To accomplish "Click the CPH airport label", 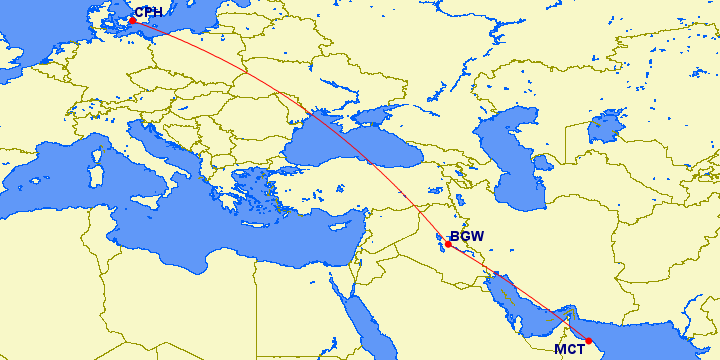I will tap(148, 12).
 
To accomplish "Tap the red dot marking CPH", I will tap(132, 20).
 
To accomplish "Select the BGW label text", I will tap(467, 237).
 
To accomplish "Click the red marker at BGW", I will tap(449, 244).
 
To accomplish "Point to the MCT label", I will tap(570, 349).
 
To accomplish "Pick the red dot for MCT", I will tap(589, 340).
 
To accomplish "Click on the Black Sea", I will tap(340, 140).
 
